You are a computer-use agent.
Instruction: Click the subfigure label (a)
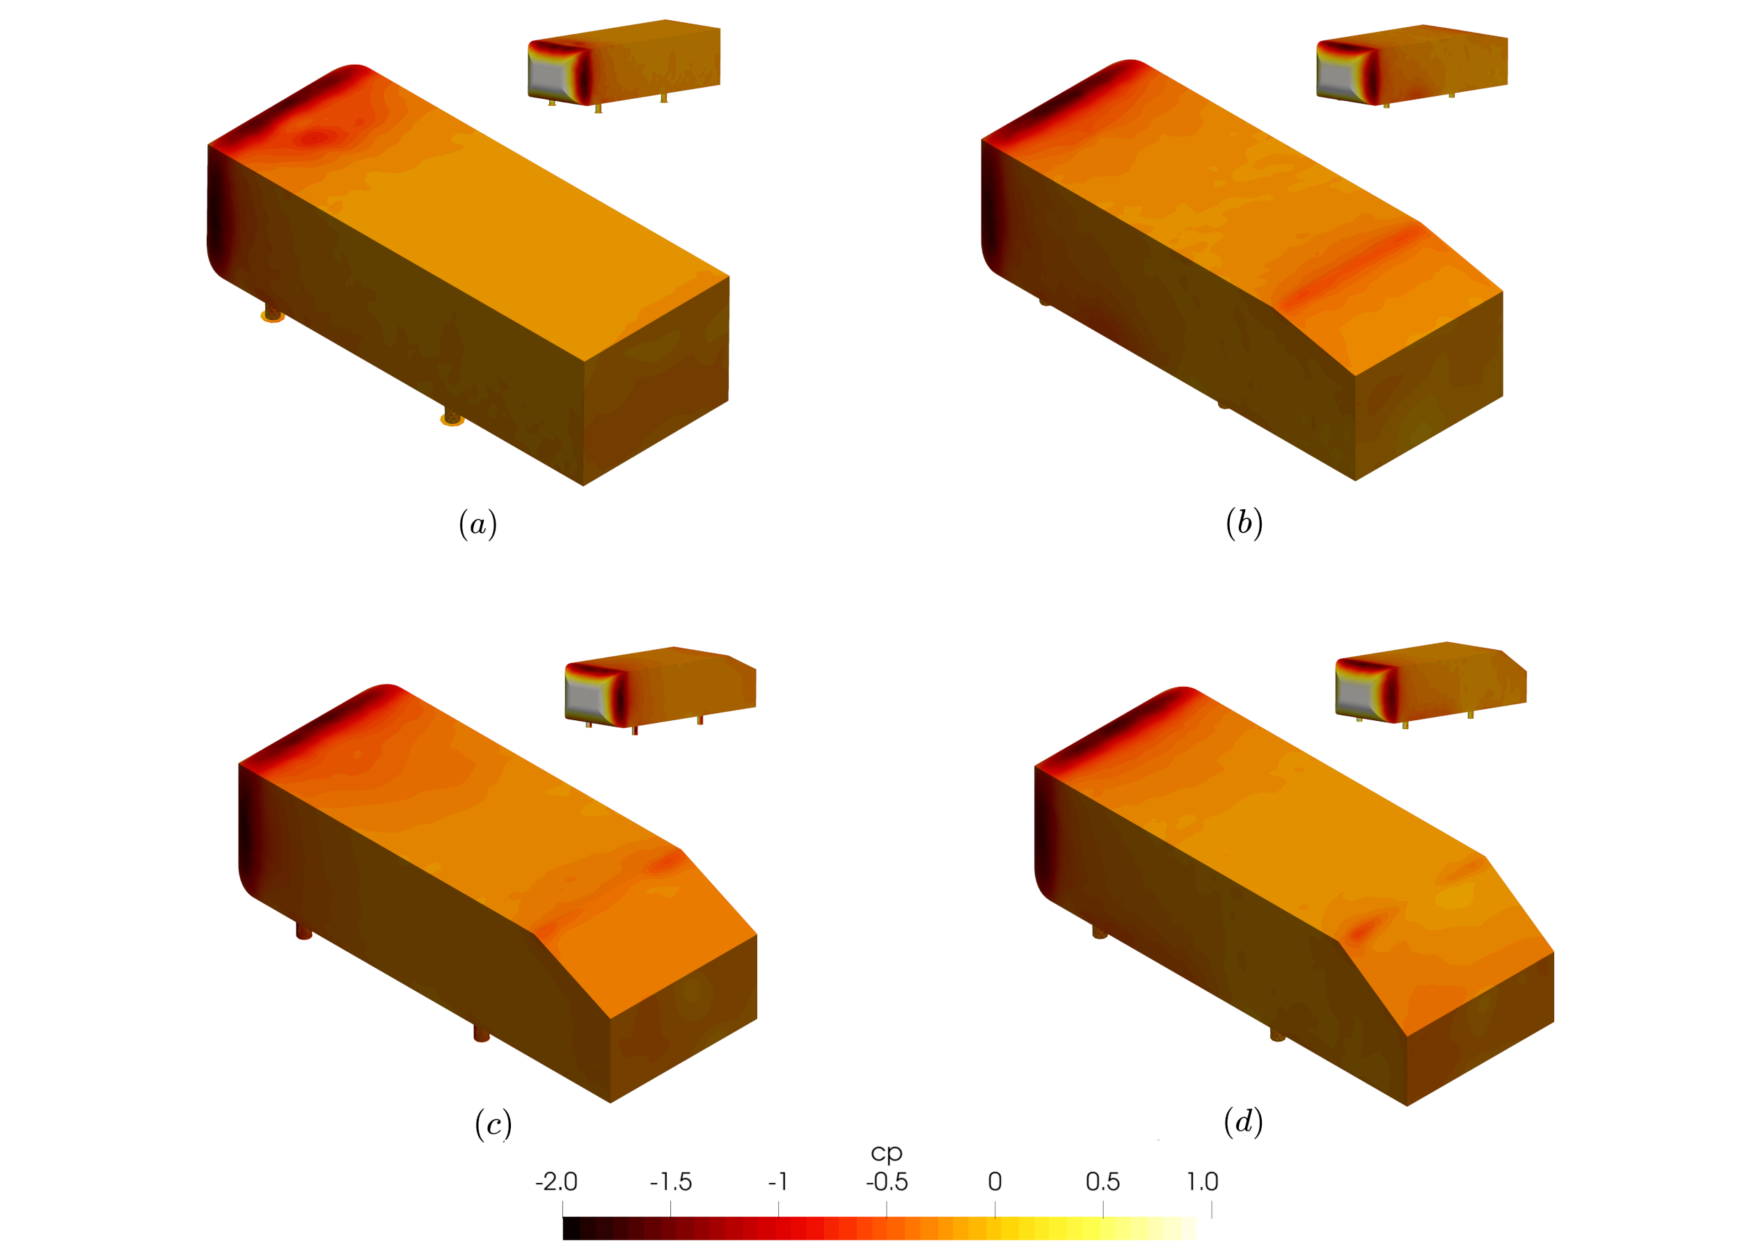click(x=478, y=525)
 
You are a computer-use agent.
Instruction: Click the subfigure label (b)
click(x=1244, y=523)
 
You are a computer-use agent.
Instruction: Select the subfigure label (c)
click(x=493, y=1124)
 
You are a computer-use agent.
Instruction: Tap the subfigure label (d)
click(x=1244, y=1122)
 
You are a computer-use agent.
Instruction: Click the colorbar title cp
click(x=887, y=1152)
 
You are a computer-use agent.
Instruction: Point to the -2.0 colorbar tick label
click(x=556, y=1181)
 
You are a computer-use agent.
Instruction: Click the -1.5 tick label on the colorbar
click(x=671, y=1181)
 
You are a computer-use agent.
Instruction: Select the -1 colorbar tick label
click(x=778, y=1181)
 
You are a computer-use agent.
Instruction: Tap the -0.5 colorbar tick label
click(x=887, y=1181)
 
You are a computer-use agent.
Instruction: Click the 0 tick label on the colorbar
click(x=995, y=1181)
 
